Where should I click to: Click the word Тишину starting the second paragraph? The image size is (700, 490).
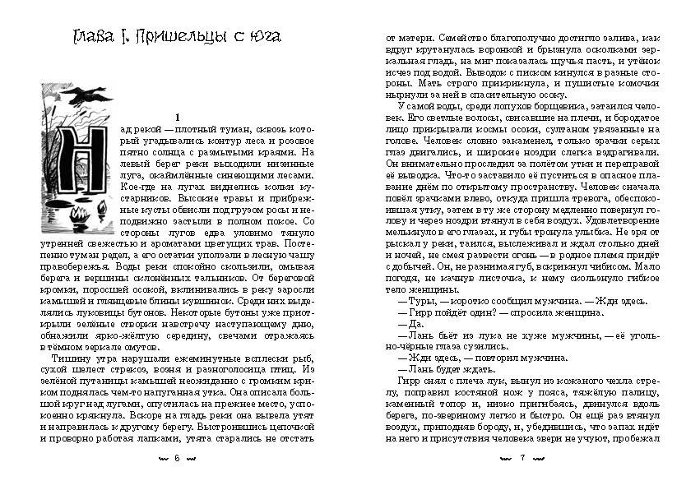click(70, 359)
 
